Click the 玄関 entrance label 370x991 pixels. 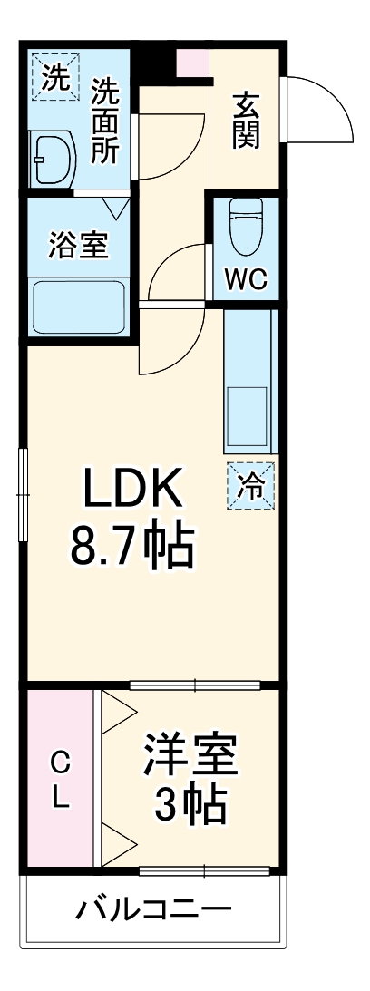pyautogui.click(x=246, y=121)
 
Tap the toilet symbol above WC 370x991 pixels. pyautogui.click(x=245, y=225)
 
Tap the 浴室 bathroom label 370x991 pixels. pyautogui.click(x=78, y=246)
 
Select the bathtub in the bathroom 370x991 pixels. pyautogui.click(x=78, y=307)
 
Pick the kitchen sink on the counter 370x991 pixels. pyautogui.click(x=247, y=417)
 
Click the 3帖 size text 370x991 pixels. pyautogui.click(x=190, y=802)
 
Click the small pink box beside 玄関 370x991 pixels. pyautogui.click(x=192, y=63)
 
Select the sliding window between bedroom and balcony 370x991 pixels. pyautogui.click(x=205, y=872)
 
